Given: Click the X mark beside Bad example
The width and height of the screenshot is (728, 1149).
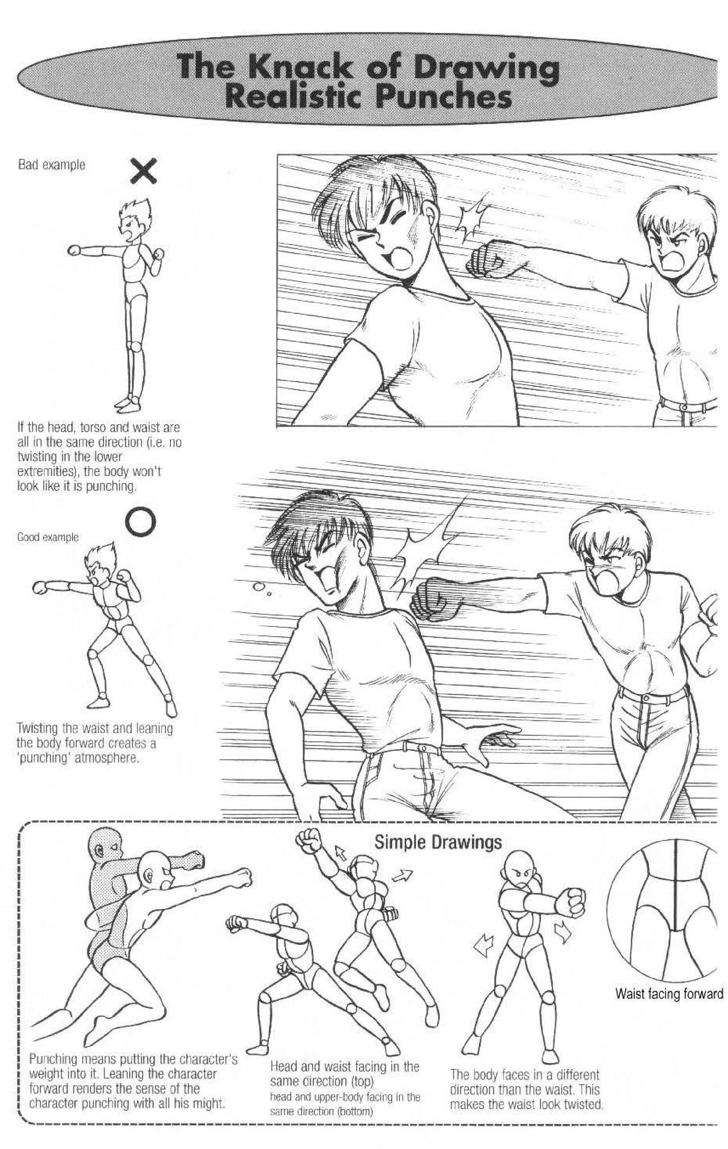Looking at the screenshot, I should point(144,171).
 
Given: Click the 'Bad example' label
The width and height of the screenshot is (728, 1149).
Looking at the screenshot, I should point(51,166).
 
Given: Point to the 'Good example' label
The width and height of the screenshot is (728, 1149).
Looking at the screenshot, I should point(48,537).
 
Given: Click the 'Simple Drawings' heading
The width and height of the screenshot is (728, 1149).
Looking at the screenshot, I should point(437,842).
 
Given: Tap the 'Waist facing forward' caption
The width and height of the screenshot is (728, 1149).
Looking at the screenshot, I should point(669,994).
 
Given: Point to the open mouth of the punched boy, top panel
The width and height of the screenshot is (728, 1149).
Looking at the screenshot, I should point(403,260).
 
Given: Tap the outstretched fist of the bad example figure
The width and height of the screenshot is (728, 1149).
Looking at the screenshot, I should point(75,250).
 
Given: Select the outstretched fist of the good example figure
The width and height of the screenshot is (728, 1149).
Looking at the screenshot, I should point(40,588).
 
